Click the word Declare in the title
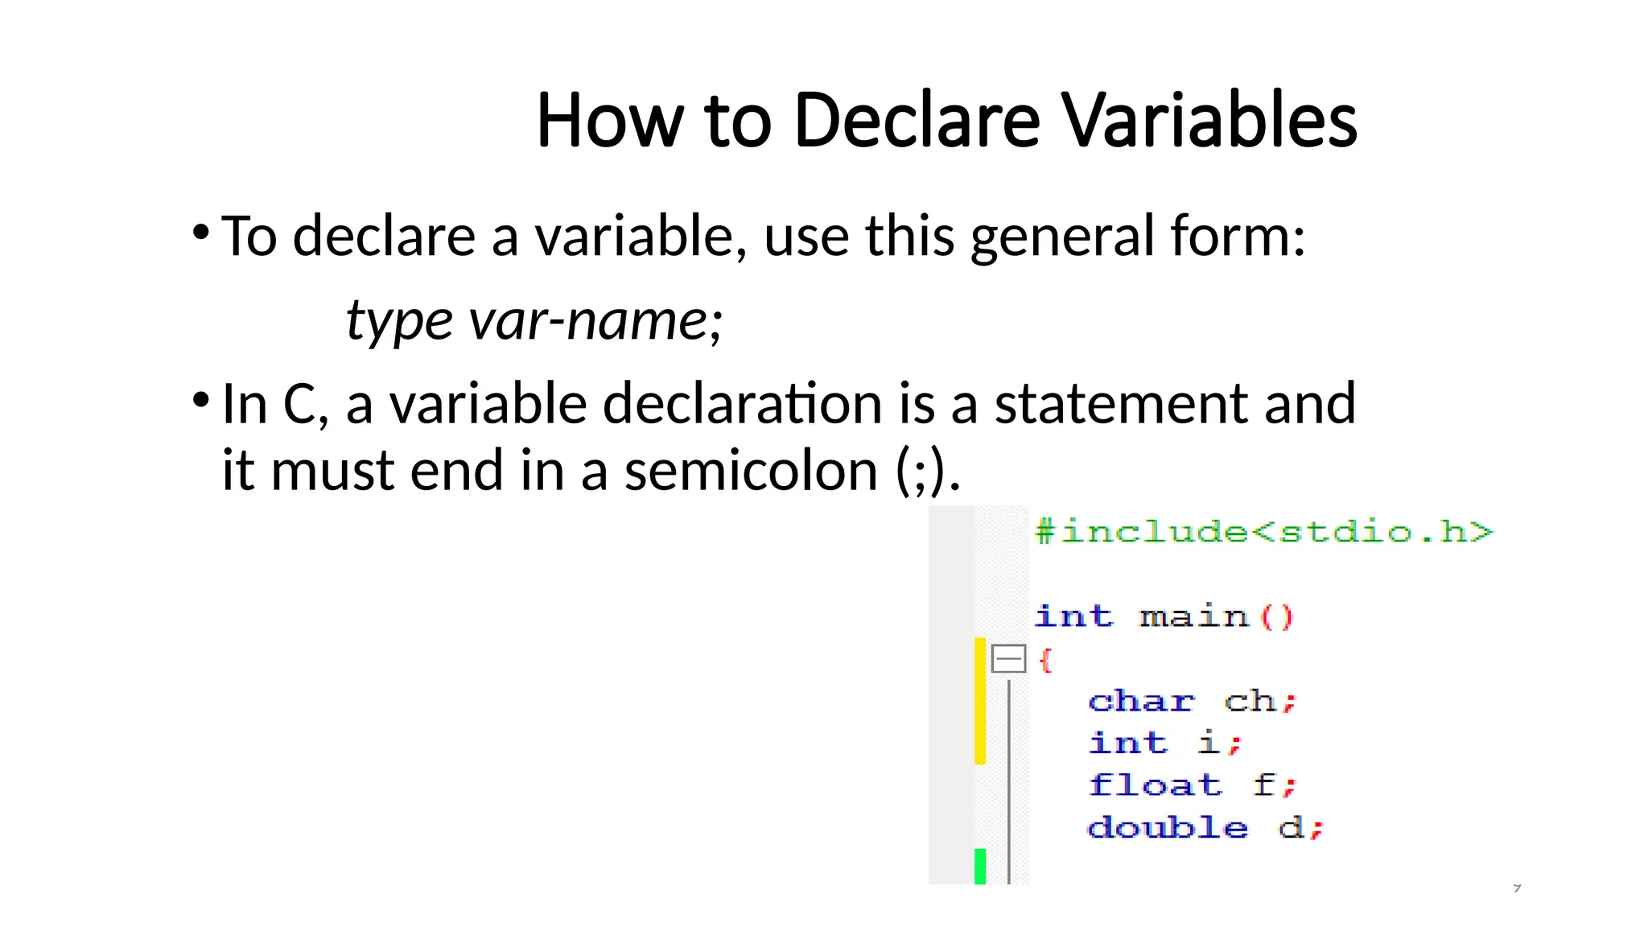tap(917, 121)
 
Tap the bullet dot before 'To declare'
tap(201, 233)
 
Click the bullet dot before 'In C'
tap(201, 399)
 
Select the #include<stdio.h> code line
tap(1263, 532)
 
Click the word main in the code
tap(1194, 617)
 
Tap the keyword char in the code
tap(1141, 702)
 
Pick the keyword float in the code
tap(1155, 785)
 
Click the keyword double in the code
tap(1168, 827)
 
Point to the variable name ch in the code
tap(1250, 702)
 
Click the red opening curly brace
tap(1045, 661)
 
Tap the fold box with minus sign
tap(1008, 659)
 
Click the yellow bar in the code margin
tap(980, 700)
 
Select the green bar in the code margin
tap(980, 866)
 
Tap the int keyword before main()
tap(1073, 617)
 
